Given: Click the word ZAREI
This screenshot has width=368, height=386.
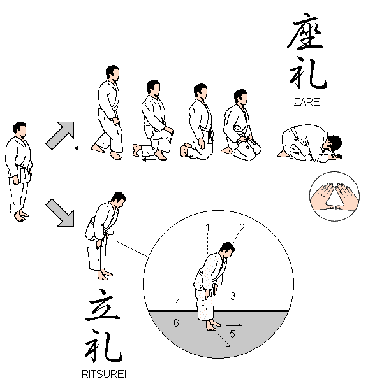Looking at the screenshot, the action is pyautogui.click(x=308, y=102).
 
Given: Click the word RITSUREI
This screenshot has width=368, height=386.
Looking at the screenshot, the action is pyautogui.click(x=104, y=374).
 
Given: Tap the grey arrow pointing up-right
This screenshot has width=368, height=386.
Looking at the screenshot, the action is pyautogui.click(x=60, y=135).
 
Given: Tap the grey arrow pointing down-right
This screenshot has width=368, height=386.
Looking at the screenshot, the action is pyautogui.click(x=60, y=213).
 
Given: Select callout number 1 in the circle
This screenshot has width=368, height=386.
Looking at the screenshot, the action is pyautogui.click(x=208, y=227).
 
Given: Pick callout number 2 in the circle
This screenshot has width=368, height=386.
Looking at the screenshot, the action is pyautogui.click(x=242, y=227).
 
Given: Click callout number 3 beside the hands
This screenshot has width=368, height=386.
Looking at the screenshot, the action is pyautogui.click(x=233, y=296).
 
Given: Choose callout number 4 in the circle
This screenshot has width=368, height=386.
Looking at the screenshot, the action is pyautogui.click(x=177, y=303).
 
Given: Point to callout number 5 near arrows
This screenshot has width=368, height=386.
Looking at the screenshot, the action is pyautogui.click(x=232, y=334).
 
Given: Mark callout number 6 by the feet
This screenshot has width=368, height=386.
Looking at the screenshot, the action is pyautogui.click(x=176, y=323).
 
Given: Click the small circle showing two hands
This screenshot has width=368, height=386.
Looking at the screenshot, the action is pyautogui.click(x=334, y=196).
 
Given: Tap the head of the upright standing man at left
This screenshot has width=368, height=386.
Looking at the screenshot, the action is pyautogui.click(x=20, y=129).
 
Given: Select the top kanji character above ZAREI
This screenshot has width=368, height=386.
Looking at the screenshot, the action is pyautogui.click(x=305, y=31).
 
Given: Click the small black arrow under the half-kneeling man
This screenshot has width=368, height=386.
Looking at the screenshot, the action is pyautogui.click(x=148, y=159).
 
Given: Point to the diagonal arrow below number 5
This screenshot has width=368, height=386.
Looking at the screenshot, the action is pyautogui.click(x=224, y=340).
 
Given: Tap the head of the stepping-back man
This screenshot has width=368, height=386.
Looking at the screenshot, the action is pyautogui.click(x=113, y=73).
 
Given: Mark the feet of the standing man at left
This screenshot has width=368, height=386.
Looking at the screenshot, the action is pyautogui.click(x=20, y=216).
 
